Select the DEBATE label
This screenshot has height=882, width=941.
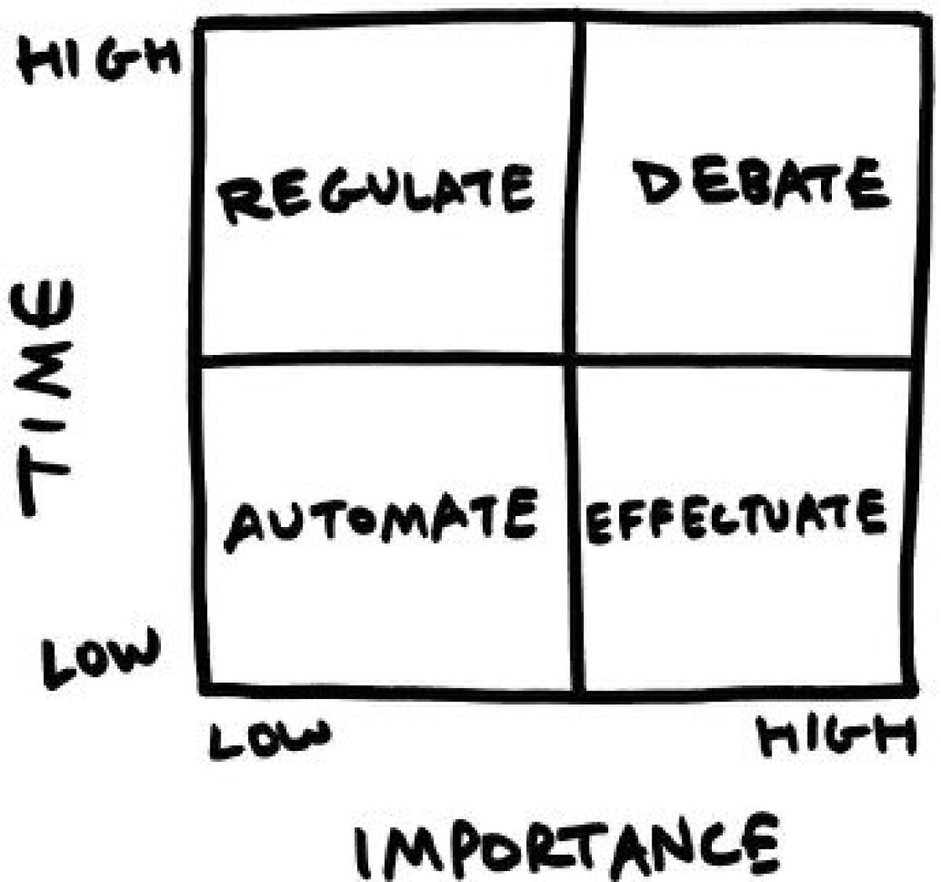pyautogui.click(x=760, y=184)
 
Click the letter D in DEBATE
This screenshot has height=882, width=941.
pyautogui.click(x=655, y=184)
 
